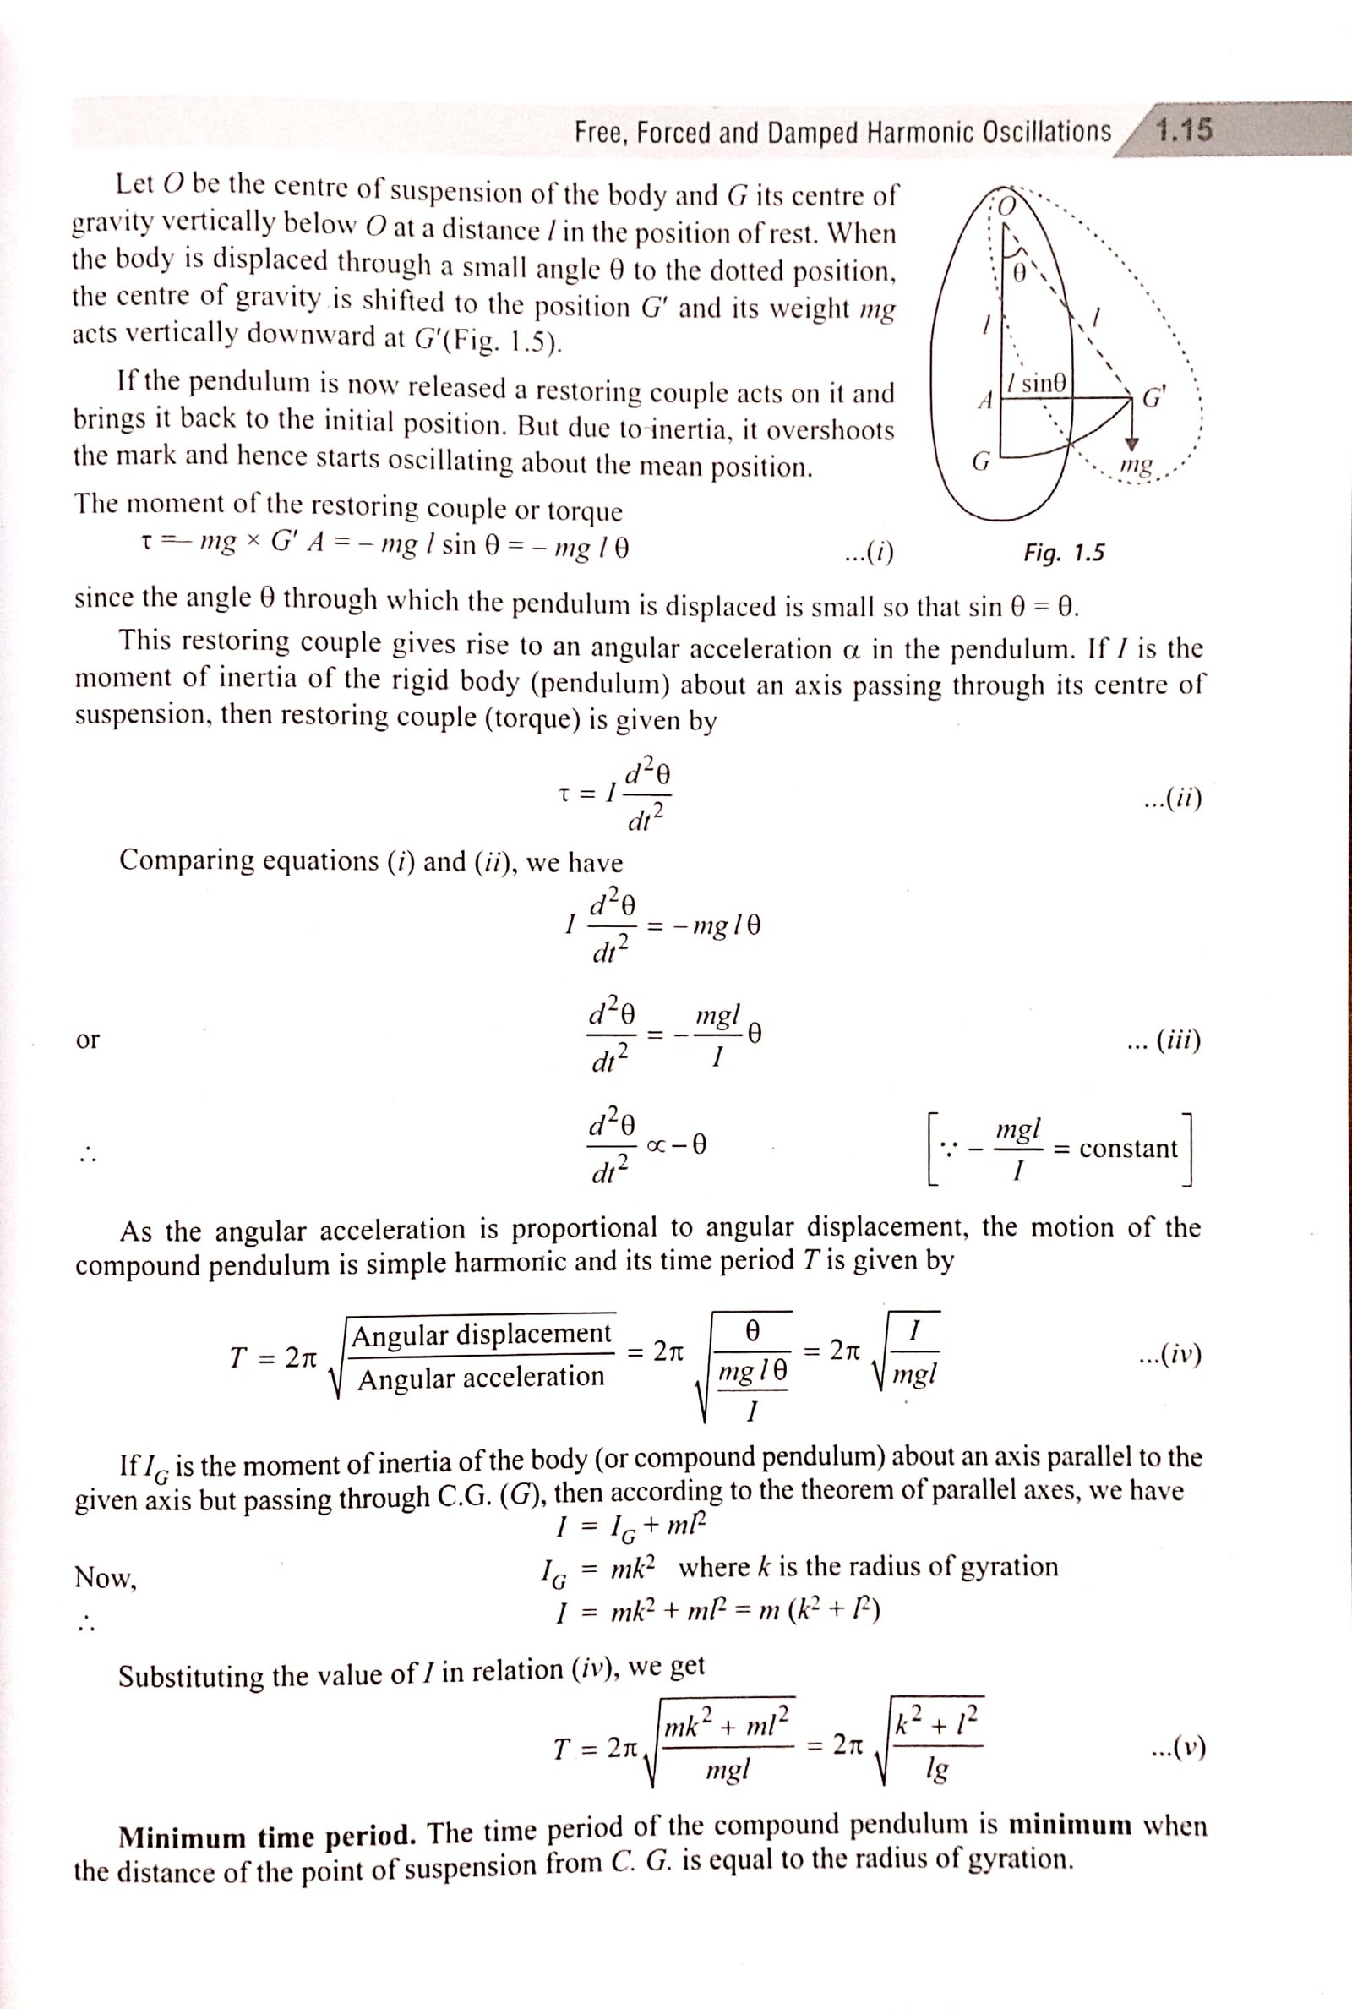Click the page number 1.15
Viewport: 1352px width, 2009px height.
click(x=1184, y=131)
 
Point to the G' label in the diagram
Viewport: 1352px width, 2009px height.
click(x=1153, y=398)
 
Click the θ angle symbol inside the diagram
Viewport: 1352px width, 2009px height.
click(x=1019, y=274)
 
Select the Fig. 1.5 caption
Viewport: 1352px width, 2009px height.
click(x=1064, y=553)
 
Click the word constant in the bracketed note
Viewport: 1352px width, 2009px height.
click(x=1128, y=1149)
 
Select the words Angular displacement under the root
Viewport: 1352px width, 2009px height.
click(x=481, y=1334)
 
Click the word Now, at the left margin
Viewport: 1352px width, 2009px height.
click(x=105, y=1578)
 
